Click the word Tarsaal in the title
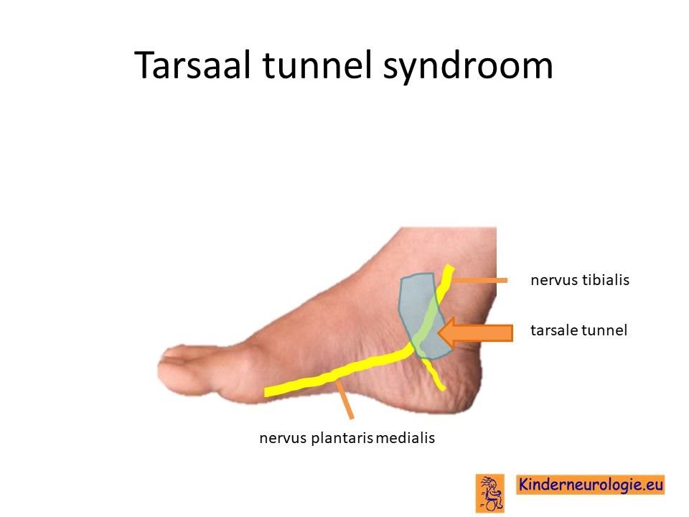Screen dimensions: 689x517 192,65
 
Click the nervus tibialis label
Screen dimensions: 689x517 580,280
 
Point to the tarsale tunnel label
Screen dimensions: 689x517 578,330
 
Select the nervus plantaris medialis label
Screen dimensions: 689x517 347,438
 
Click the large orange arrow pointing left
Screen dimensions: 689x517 475,332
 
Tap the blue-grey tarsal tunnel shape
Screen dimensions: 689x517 422,315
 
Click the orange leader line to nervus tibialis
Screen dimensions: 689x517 480,280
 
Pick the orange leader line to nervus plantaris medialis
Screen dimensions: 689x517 344,400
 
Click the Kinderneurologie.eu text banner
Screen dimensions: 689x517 590,485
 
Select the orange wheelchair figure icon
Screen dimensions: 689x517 490,493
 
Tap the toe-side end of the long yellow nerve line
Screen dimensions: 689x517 266,392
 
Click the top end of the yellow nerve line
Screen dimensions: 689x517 449,267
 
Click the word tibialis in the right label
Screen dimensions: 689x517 606,280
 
